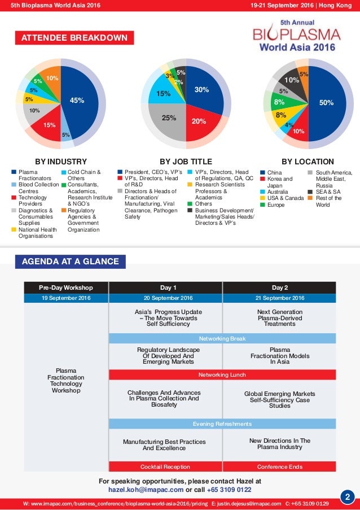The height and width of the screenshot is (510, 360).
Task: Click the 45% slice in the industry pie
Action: coord(77,102)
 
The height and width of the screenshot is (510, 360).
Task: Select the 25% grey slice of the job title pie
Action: coord(168,119)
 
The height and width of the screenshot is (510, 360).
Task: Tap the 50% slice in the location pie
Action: coord(326,104)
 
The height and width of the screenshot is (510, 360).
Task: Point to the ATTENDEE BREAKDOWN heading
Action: coord(74,38)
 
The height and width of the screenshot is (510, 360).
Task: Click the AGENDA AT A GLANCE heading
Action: coord(70,261)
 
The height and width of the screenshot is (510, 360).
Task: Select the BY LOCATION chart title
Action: coord(308,162)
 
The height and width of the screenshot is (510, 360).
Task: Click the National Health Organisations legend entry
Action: coord(34,233)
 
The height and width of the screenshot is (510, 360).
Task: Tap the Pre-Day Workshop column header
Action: coord(66,287)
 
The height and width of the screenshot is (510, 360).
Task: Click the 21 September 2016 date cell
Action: coord(280,298)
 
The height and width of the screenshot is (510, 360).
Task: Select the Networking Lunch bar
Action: coord(222,374)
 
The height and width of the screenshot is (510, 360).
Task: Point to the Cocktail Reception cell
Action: coord(165,467)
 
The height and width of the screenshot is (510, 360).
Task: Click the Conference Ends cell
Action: coord(280,467)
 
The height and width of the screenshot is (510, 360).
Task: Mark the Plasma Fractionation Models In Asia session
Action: coord(280,356)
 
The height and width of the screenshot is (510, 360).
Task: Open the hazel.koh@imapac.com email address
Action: coord(146,490)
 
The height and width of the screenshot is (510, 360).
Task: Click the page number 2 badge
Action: coord(348,497)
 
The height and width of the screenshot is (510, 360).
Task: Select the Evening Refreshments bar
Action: coord(222,424)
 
